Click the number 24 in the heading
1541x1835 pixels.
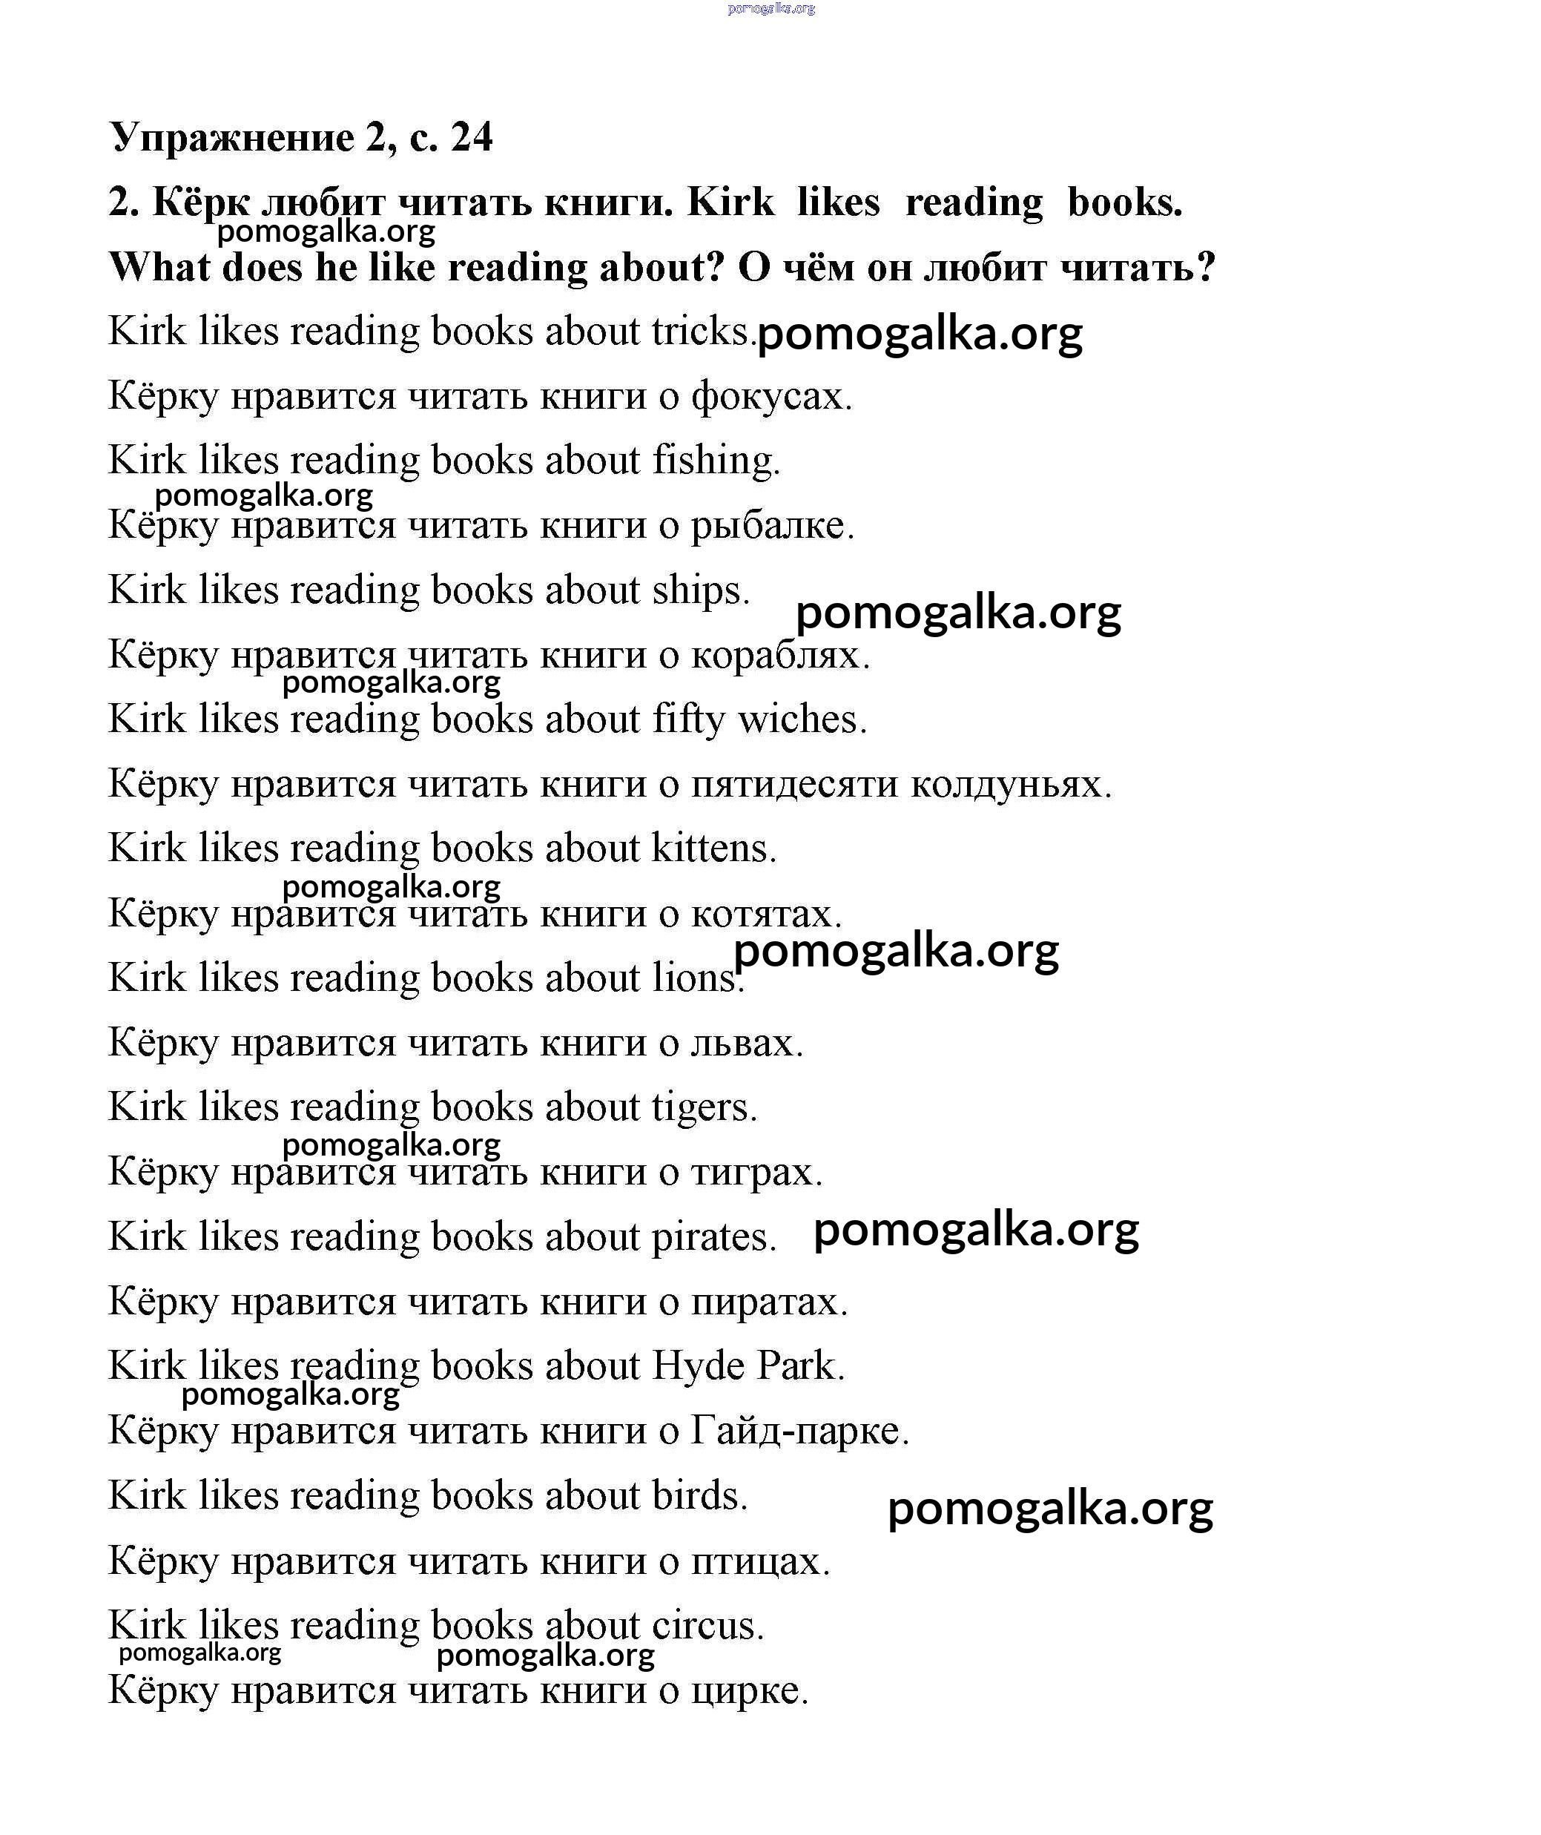coord(472,137)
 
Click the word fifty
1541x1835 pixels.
coord(688,720)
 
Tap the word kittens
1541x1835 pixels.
coord(713,849)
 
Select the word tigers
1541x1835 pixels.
coord(704,1108)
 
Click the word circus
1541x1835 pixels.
coord(707,1625)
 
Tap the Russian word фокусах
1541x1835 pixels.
coord(771,397)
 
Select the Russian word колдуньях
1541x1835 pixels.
coord(1011,784)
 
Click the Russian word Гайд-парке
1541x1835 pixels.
coord(799,1432)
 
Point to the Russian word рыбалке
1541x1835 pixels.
coord(772,526)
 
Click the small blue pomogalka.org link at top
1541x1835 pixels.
coord(770,9)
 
